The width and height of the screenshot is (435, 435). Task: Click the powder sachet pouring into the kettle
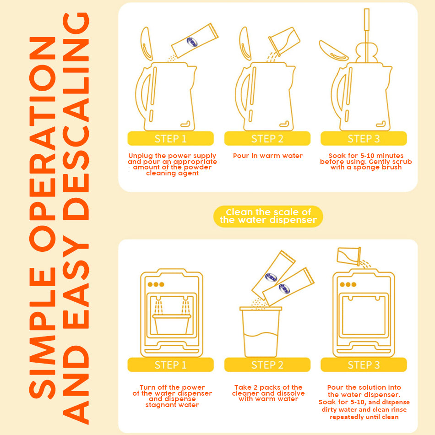[x=195, y=40]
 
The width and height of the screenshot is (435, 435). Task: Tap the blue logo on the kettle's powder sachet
[x=192, y=42]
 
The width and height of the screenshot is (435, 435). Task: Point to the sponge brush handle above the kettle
[x=366, y=33]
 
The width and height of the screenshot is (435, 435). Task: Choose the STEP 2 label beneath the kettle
[x=267, y=139]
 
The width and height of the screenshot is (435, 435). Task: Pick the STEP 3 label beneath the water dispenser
[x=364, y=365]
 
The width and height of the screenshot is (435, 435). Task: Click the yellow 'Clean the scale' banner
[x=268, y=216]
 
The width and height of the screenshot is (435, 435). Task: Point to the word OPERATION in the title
[x=43, y=144]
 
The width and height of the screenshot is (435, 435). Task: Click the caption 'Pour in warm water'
[x=268, y=156]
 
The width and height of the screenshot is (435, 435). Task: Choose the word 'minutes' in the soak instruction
[x=390, y=156]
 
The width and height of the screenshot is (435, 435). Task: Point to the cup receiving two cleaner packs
[x=261, y=332]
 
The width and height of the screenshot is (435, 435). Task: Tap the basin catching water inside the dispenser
[x=172, y=324]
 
